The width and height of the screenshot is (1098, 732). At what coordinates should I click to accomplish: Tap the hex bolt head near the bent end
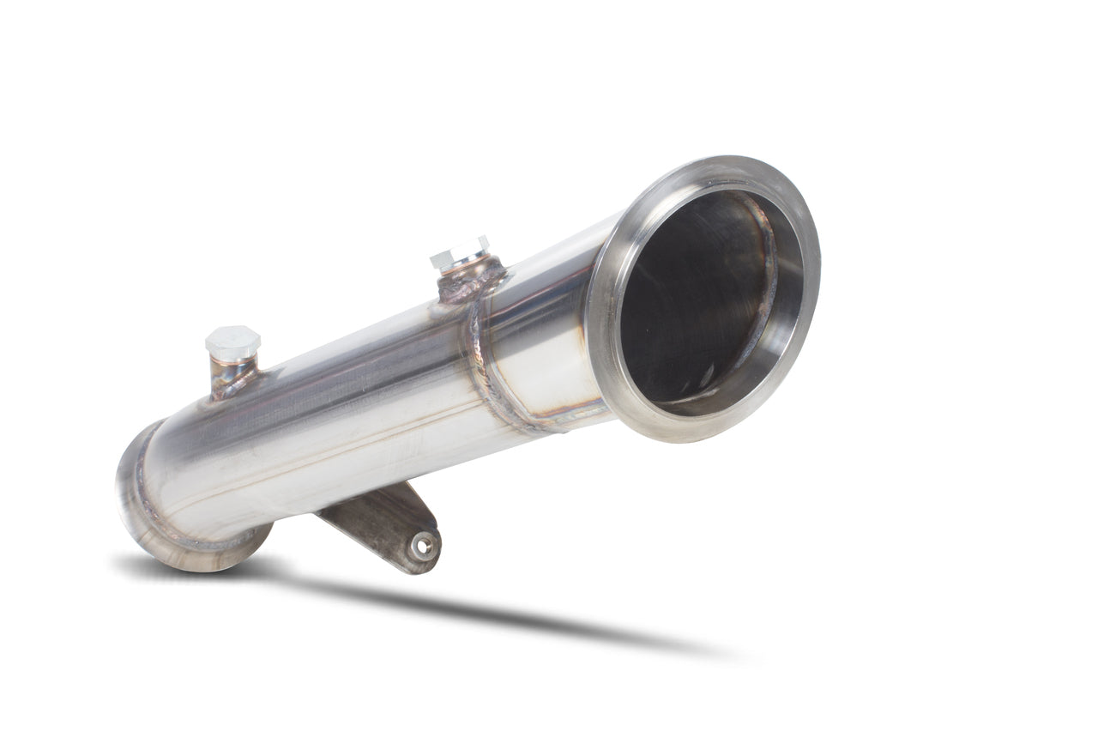(232, 342)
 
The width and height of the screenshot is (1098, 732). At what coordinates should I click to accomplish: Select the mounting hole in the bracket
(421, 544)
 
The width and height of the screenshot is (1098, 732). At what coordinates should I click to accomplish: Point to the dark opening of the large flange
(695, 300)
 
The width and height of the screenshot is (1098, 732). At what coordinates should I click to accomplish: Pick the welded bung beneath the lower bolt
(230, 376)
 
